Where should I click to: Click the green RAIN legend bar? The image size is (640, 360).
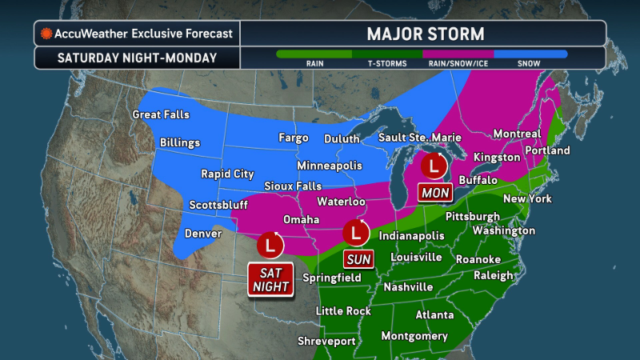tap(314, 54)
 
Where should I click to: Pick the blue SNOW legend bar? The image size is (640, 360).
tap(531, 54)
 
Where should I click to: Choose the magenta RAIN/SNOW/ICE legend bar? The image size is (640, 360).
tap(458, 54)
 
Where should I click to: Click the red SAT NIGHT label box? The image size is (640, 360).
tap(269, 279)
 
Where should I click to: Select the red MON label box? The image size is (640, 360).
tap(434, 193)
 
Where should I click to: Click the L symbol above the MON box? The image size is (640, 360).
tap(434, 166)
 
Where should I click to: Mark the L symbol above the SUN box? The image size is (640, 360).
tap(355, 233)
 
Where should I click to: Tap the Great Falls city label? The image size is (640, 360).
tap(162, 114)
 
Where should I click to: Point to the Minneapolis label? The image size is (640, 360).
tap(329, 166)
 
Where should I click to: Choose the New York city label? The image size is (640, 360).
tap(528, 198)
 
